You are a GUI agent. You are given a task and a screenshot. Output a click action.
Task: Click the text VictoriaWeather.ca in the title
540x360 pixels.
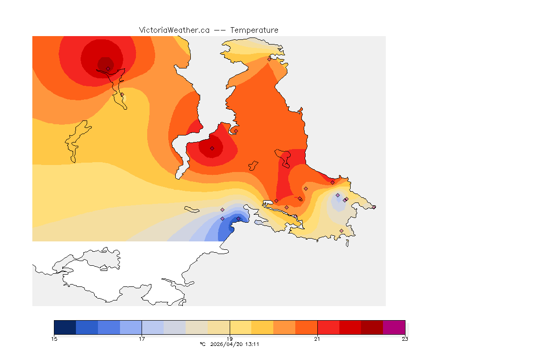[174, 30]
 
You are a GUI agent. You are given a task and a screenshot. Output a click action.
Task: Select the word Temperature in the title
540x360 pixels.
[255, 30]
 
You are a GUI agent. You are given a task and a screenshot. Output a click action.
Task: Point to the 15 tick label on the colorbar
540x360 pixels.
[54, 339]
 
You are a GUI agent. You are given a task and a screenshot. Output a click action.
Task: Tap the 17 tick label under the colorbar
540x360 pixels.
[142, 339]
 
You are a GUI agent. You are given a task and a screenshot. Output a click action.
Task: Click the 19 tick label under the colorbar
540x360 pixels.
[230, 339]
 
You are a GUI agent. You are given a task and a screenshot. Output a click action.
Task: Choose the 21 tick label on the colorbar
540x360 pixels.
[317, 339]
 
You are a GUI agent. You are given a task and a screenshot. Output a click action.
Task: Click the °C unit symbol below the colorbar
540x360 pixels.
[202, 344]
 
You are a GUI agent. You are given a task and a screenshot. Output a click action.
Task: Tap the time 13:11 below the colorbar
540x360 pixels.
[253, 344]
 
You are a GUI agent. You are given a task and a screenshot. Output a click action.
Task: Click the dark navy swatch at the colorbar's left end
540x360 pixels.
[65, 327]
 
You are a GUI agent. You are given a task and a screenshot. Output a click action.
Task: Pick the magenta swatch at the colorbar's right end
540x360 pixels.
[394, 327]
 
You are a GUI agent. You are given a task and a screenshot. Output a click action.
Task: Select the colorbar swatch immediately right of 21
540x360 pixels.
[328, 327]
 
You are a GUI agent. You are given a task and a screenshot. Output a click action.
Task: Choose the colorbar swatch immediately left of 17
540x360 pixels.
[131, 327]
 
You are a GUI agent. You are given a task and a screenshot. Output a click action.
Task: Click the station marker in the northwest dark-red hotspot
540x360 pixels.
[108, 68]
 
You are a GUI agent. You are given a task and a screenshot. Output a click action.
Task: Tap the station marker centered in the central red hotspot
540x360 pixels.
[212, 148]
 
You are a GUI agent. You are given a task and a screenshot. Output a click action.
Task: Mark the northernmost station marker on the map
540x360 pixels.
[269, 59]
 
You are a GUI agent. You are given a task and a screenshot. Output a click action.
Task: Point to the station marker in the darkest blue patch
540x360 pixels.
[238, 218]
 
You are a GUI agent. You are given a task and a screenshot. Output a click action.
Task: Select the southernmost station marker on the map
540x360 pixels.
[341, 231]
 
